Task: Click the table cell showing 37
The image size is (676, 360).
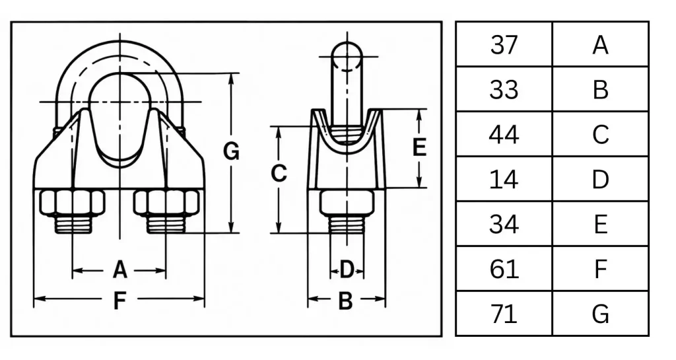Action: point(504,44)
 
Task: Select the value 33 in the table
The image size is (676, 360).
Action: point(504,89)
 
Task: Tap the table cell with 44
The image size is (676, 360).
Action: point(504,134)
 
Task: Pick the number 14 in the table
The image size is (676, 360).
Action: point(504,179)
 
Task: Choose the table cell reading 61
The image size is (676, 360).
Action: point(504,269)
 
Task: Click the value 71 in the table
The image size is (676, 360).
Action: point(504,314)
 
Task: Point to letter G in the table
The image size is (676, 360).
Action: point(600,314)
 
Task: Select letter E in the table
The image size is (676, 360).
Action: point(600,224)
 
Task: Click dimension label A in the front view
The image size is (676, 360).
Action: point(120,270)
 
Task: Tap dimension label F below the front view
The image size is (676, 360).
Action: point(119,301)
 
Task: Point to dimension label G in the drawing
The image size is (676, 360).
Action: point(231,151)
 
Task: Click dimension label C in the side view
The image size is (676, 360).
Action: point(279,173)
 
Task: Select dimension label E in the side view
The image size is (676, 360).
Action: point(419,147)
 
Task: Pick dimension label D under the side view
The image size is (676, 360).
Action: point(347,270)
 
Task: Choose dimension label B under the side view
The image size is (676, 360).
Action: point(346,301)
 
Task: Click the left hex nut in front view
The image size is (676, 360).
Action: point(73,202)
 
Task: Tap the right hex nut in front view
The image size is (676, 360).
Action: point(166,202)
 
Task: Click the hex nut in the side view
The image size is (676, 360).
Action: point(347,202)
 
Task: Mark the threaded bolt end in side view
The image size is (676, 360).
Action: point(347,224)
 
